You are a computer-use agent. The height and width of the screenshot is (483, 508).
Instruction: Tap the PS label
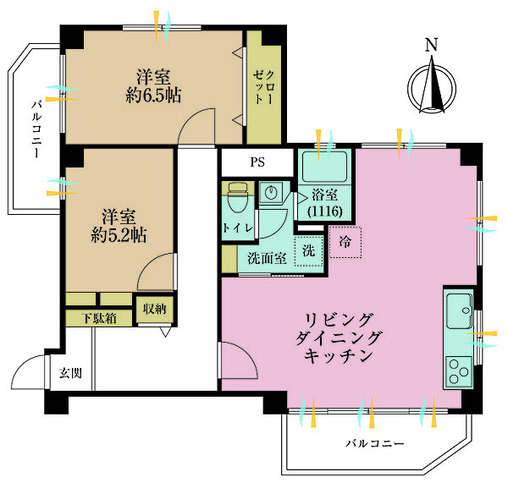[x=256, y=162]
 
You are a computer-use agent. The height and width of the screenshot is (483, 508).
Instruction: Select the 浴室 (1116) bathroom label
[x=325, y=200]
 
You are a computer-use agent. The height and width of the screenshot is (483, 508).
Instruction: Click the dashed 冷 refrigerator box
[x=345, y=242]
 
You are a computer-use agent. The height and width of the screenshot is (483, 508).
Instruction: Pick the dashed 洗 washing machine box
[x=308, y=251]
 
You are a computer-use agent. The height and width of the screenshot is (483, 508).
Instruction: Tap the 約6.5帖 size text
[x=153, y=93]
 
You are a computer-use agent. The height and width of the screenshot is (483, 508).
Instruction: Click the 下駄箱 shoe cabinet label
[x=99, y=318]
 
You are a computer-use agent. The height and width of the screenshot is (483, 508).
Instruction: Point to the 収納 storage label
[x=154, y=310]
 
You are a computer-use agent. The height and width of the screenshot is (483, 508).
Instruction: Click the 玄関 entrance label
[x=70, y=373]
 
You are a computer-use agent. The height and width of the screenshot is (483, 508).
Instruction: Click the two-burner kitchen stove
[x=460, y=371]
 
